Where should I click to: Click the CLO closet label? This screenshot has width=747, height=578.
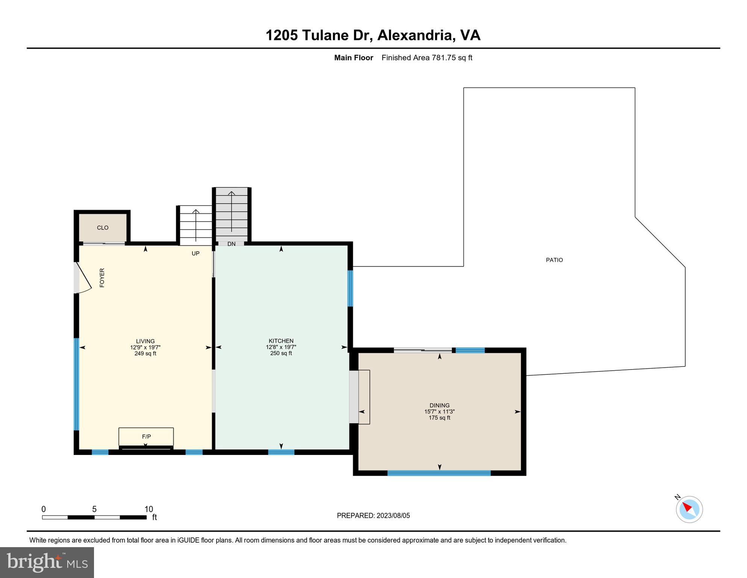103,228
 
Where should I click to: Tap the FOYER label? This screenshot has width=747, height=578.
102,278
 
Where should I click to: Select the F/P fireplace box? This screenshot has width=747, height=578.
146,437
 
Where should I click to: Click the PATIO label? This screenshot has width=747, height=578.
554,260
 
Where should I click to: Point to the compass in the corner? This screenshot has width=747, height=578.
689,509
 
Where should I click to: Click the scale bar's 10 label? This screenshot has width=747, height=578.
148,509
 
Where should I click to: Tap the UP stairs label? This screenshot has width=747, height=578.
195,253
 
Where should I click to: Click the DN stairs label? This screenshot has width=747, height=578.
231,244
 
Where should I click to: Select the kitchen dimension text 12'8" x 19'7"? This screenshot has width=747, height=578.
281,347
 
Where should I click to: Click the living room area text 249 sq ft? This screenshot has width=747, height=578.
145,354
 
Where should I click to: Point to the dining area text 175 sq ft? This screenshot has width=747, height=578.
439,418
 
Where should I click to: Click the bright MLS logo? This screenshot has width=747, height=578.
47,563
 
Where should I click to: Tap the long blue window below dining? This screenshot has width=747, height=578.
439,473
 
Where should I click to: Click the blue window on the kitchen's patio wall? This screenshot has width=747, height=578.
350,288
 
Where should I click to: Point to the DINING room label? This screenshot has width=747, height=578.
439,406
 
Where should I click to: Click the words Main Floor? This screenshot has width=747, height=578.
353,58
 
